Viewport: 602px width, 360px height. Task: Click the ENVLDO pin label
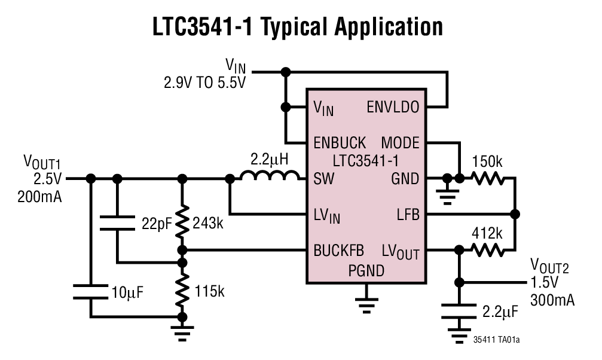[x=392, y=108]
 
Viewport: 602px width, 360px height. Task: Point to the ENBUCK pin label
[x=340, y=143]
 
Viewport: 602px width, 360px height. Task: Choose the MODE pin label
[x=400, y=143]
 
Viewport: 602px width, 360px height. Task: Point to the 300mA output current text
[x=552, y=300]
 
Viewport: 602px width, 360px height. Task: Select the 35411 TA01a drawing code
[x=496, y=340]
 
